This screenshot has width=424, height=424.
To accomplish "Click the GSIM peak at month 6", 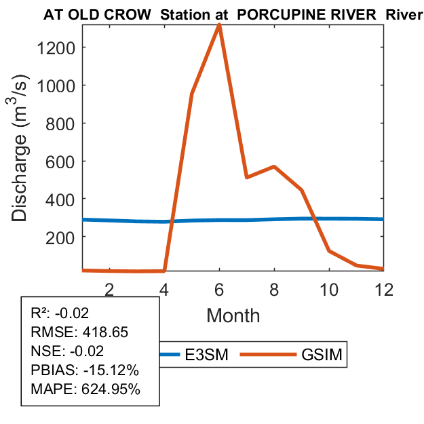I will click(219, 24).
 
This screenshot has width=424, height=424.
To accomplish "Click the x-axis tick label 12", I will click(383, 288).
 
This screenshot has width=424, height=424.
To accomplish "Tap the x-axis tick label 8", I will click(274, 288).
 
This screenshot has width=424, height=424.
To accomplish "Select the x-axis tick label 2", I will click(109, 288).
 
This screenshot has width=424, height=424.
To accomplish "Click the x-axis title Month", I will click(233, 315).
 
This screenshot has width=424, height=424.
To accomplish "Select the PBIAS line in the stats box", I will click(85, 371).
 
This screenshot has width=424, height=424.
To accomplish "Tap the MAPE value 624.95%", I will click(109, 390).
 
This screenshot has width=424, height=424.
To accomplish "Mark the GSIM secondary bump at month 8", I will click(274, 166).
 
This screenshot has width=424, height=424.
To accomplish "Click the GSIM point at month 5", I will click(192, 94).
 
